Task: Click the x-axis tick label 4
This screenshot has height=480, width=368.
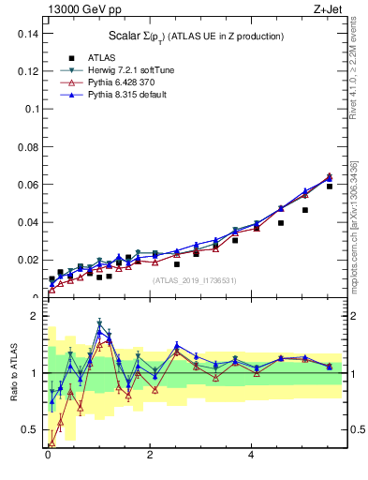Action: pos(252,455)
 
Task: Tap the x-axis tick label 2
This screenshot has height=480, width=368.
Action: pos(150,455)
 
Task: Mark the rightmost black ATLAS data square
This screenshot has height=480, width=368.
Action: pos(330,187)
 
